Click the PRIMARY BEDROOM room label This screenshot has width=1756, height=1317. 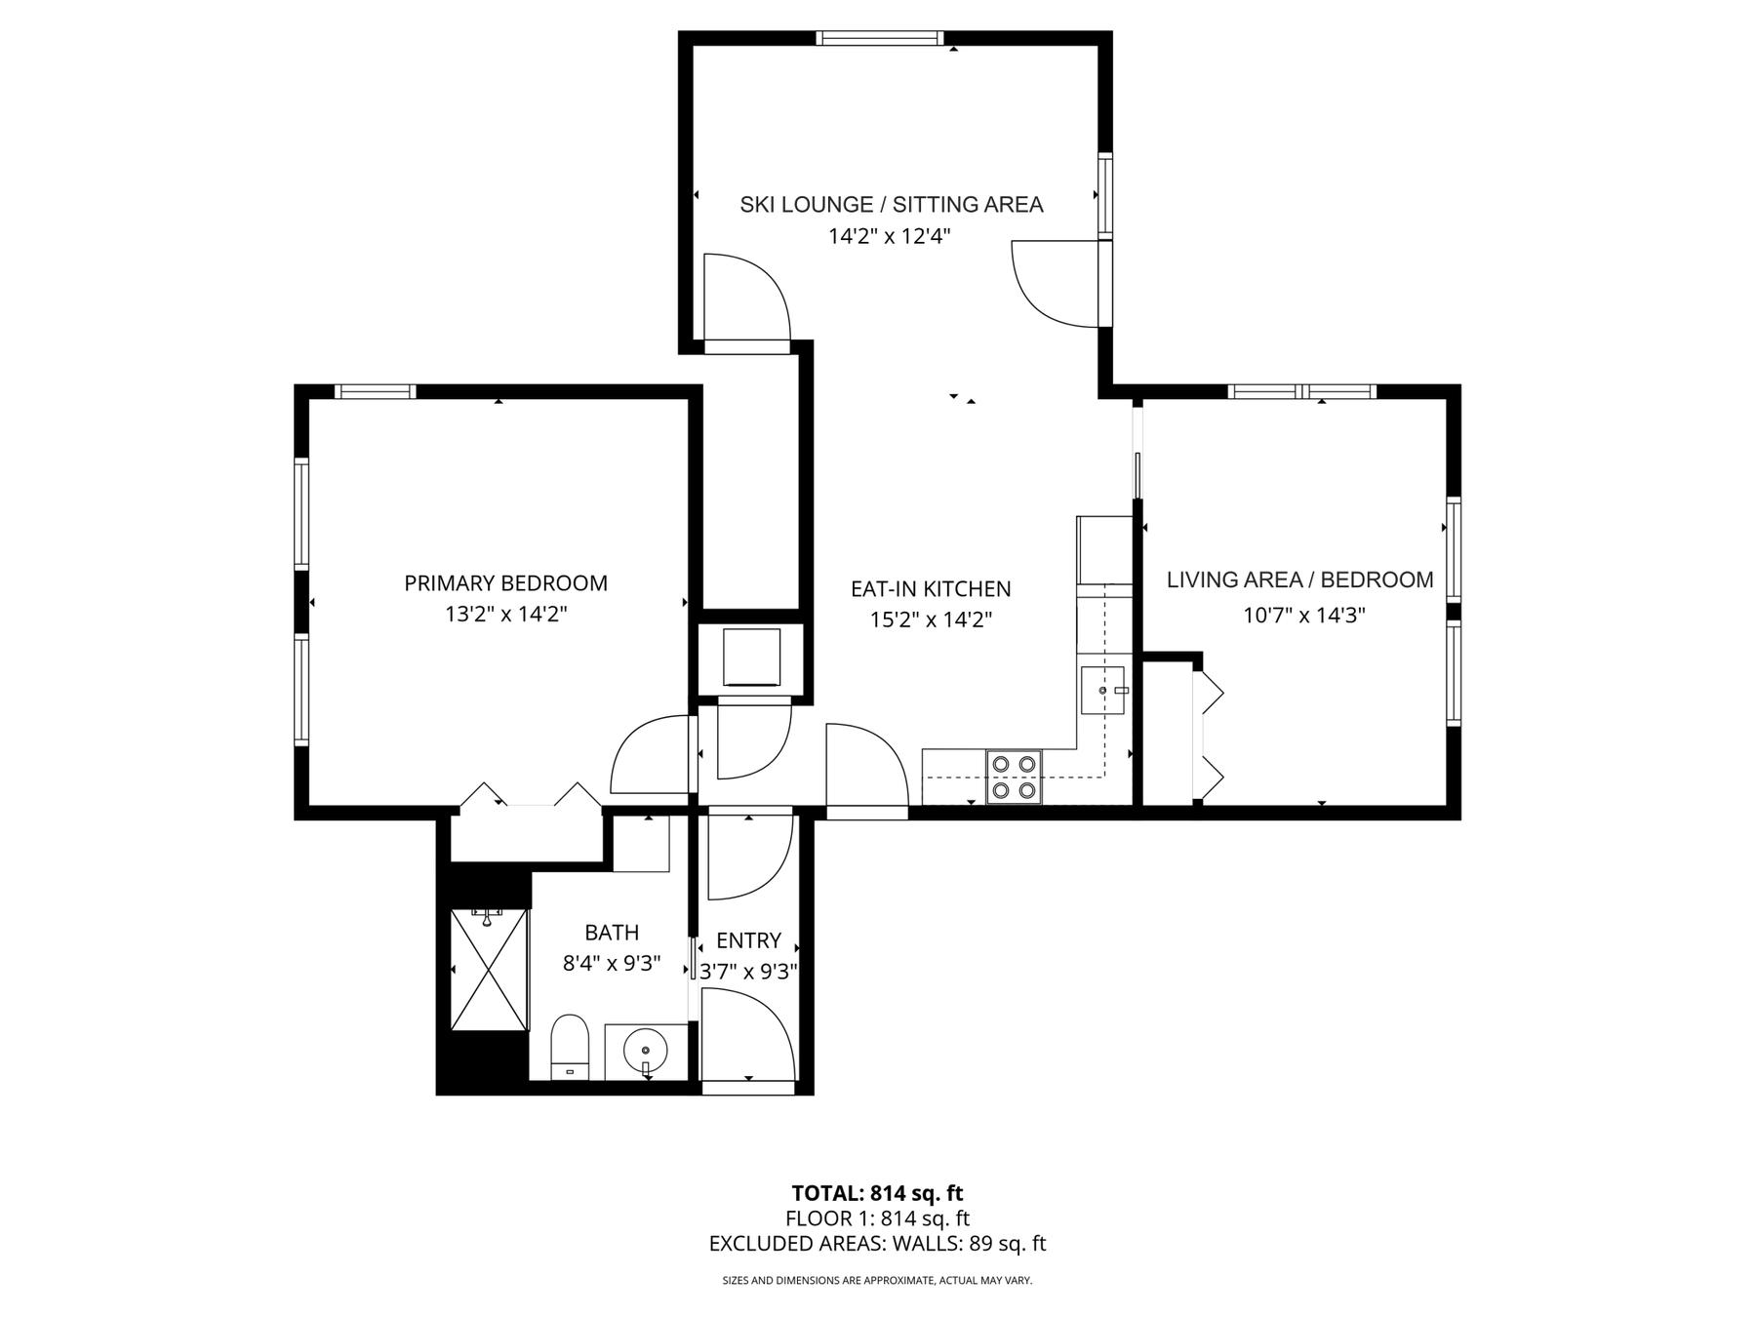point(505,583)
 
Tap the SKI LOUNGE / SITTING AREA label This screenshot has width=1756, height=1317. point(891,205)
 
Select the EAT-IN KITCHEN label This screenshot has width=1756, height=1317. point(931,589)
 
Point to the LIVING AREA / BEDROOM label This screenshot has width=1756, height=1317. point(1299,580)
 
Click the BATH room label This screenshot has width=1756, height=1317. point(612,933)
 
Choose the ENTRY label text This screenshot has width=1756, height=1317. point(748,940)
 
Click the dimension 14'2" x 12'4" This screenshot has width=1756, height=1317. point(889,236)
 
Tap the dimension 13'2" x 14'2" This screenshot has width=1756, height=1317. point(506,615)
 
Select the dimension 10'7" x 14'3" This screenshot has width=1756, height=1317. point(1303,616)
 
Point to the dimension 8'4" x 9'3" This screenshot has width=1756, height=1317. point(612,964)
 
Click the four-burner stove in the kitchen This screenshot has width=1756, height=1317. point(1014,777)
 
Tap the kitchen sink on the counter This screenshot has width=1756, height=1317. point(1103,691)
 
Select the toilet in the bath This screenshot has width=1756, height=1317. point(570,1047)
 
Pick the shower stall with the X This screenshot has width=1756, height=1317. point(489,969)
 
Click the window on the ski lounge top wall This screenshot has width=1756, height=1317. point(880,38)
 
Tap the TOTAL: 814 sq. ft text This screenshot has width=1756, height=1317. point(877,1193)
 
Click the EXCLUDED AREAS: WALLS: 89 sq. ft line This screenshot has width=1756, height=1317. point(877,1244)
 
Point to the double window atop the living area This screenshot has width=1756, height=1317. point(1302,392)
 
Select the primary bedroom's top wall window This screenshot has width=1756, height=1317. point(376,392)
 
